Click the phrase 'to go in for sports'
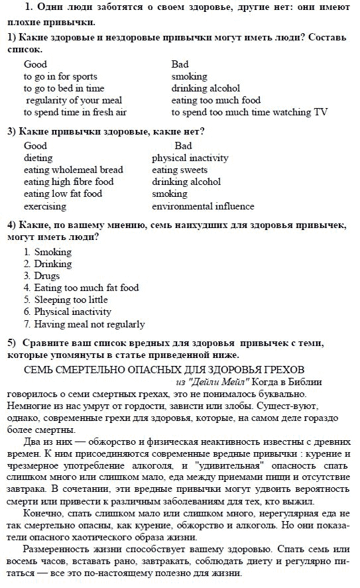point(60,76)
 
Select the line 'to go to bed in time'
point(64,88)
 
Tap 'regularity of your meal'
point(74,100)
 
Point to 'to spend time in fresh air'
point(75,112)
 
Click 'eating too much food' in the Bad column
point(216,100)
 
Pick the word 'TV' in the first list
point(320,112)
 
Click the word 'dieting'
point(38,158)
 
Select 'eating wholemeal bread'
point(73,170)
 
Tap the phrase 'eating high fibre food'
point(68,182)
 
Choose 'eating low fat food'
point(62,194)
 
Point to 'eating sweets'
point(180,170)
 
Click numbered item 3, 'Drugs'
point(46,276)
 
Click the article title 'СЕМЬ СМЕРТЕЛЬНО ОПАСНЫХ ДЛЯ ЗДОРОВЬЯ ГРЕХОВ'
point(164,368)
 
